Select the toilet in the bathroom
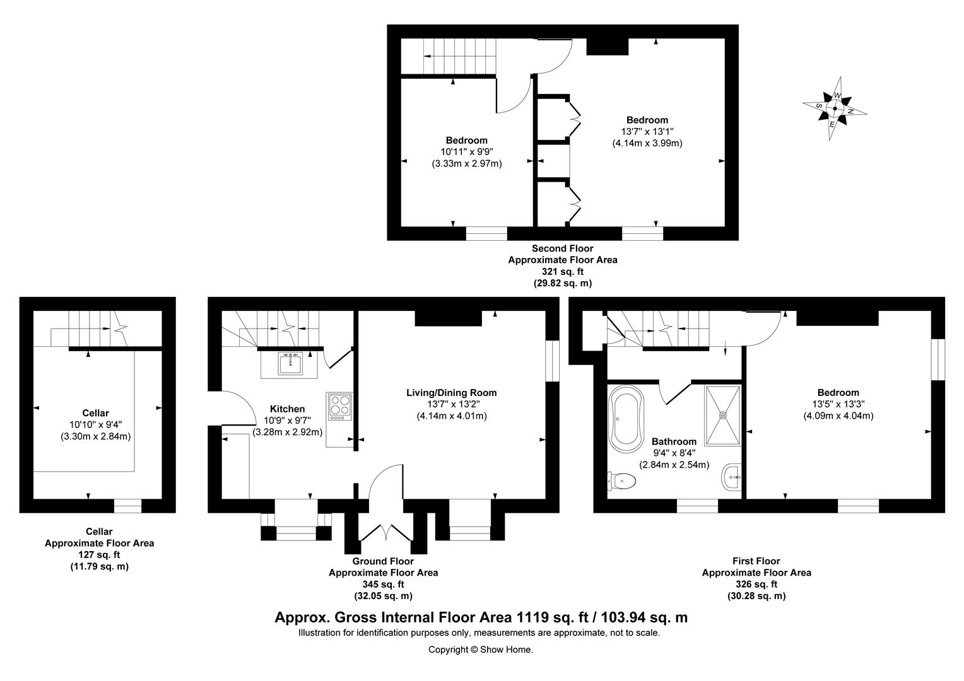tap(623, 481)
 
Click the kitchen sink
tap(290, 364)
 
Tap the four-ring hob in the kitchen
tap(339, 407)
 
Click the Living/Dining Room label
tap(451, 393)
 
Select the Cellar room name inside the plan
tap(96, 414)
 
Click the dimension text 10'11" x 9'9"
tap(466, 152)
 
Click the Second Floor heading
tap(562, 248)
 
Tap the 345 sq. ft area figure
tap(383, 585)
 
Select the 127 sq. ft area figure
tap(99, 555)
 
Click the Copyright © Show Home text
tap(481, 649)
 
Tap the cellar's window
tap(127, 506)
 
